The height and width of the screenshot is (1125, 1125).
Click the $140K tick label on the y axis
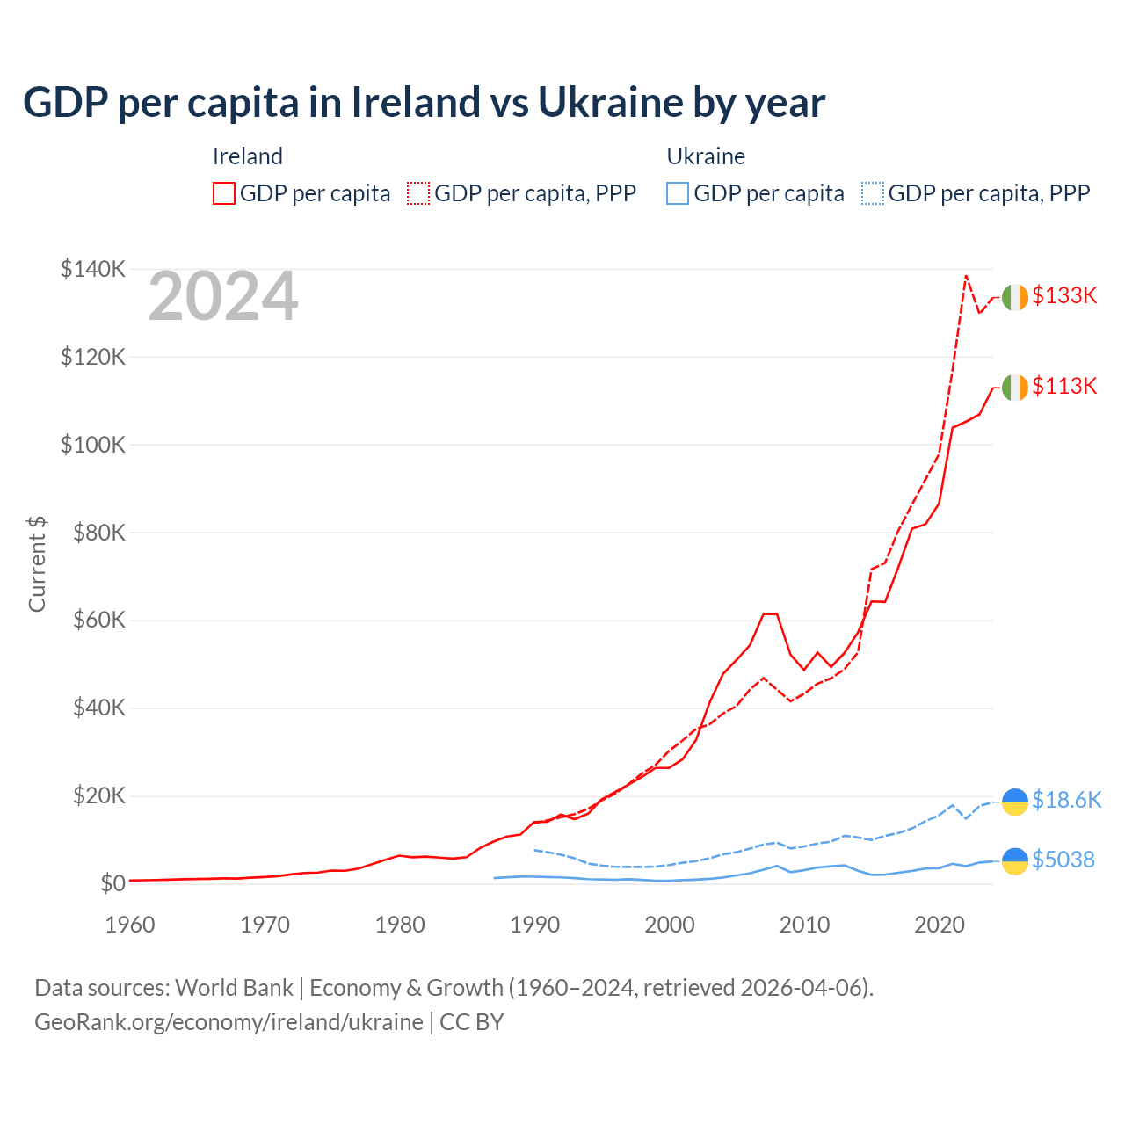(x=92, y=269)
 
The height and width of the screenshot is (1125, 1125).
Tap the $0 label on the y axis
(x=112, y=883)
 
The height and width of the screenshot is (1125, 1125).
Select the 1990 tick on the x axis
(x=534, y=925)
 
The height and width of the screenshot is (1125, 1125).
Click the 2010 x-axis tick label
(x=804, y=925)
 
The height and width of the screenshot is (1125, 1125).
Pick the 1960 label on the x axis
(x=130, y=925)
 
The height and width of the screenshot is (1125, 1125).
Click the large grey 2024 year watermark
(x=223, y=296)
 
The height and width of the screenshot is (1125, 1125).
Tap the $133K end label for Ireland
(x=1064, y=295)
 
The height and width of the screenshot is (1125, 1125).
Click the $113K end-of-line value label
(x=1064, y=386)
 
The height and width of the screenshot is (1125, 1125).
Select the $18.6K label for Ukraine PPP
(x=1066, y=800)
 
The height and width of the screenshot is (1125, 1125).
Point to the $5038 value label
(x=1063, y=860)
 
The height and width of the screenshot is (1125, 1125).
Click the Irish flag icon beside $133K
(x=1014, y=297)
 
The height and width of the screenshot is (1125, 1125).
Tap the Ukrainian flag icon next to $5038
(x=1014, y=860)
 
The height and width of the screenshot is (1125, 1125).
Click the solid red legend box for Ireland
(x=224, y=193)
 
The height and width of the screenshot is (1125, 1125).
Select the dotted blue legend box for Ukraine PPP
(x=873, y=193)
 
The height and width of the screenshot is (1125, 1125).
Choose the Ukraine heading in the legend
(x=706, y=156)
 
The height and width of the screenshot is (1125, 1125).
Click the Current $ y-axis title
(x=37, y=564)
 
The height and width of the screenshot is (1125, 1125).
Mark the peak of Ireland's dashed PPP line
(x=966, y=276)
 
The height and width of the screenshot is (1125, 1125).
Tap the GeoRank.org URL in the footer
(x=229, y=1022)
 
